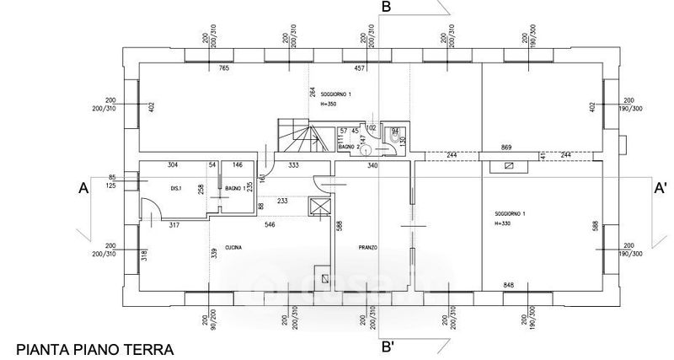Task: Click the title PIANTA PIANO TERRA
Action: pyautogui.click(x=94, y=348)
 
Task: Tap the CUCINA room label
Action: pyautogui.click(x=234, y=246)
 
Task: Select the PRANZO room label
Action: pyautogui.click(x=367, y=247)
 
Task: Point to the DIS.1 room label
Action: pyautogui.click(x=177, y=187)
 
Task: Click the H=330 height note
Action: pyautogui.click(x=505, y=224)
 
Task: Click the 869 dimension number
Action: pyautogui.click(x=506, y=147)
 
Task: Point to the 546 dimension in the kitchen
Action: pyautogui.click(x=270, y=224)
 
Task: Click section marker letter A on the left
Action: pyautogui.click(x=83, y=191)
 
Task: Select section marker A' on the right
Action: pyautogui.click(x=661, y=190)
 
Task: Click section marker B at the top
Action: pyautogui.click(x=387, y=8)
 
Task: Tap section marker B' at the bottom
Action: pyautogui.click(x=388, y=346)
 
